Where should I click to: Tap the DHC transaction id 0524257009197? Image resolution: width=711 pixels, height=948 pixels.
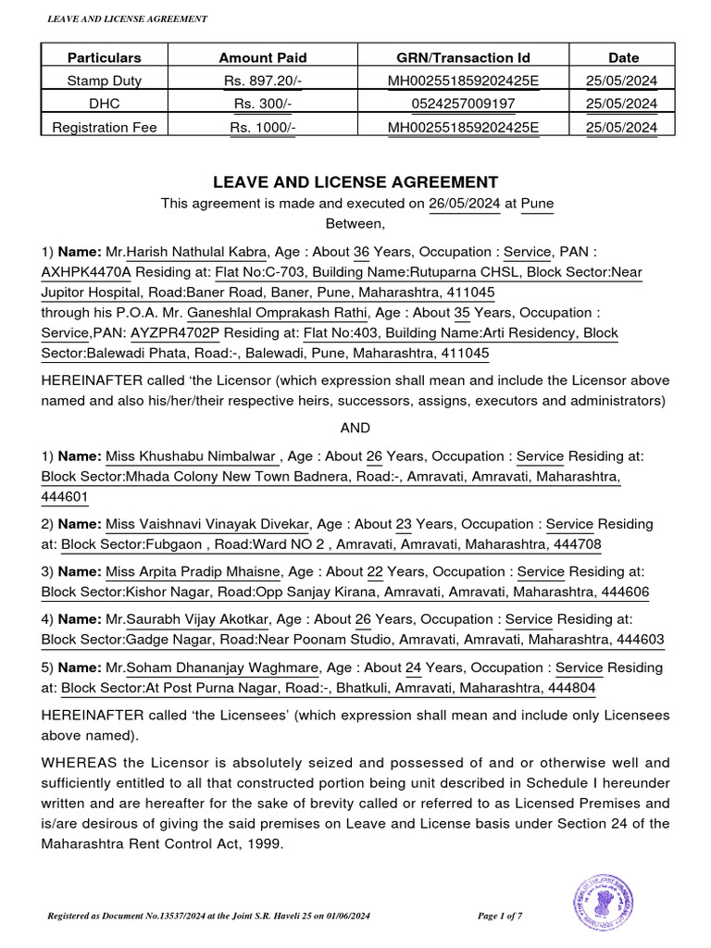pyautogui.click(x=462, y=104)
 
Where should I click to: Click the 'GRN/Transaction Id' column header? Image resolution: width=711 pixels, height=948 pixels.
pyautogui.click(x=462, y=57)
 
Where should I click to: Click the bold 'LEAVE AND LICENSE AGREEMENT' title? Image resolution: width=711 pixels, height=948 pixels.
pyautogui.click(x=355, y=182)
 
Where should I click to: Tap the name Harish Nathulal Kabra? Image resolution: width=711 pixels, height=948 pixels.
pyautogui.click(x=197, y=252)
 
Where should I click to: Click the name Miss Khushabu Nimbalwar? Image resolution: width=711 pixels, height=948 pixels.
pyautogui.click(x=191, y=455)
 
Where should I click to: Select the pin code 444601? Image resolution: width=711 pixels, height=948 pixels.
pyautogui.click(x=65, y=496)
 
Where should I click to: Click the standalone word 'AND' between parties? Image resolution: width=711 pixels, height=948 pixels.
pyautogui.click(x=355, y=428)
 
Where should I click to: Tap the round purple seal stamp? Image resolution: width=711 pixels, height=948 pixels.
pyautogui.click(x=603, y=903)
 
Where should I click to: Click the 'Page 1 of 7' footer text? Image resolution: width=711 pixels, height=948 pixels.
pyautogui.click(x=500, y=916)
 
